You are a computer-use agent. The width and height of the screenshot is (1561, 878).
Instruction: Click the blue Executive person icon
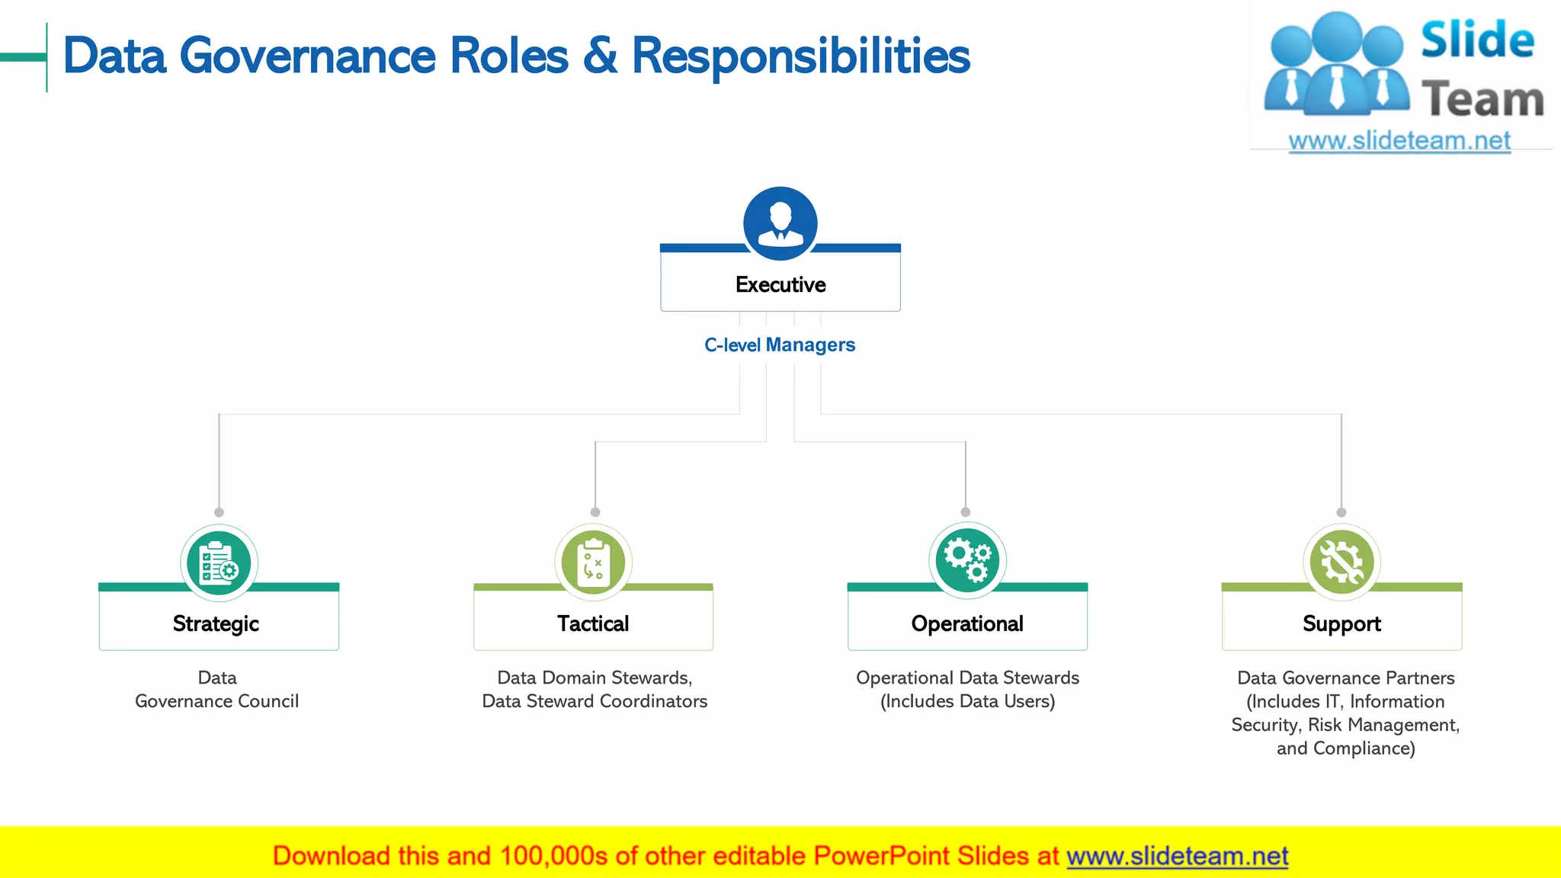pyautogui.click(x=780, y=223)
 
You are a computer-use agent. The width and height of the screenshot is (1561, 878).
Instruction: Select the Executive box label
pyautogui.click(x=780, y=284)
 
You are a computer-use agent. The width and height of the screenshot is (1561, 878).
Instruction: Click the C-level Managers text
pyautogui.click(x=780, y=345)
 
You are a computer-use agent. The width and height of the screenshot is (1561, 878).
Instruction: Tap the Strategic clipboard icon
pyautogui.click(x=219, y=563)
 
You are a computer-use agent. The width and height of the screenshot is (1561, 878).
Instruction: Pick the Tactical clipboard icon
pyautogui.click(x=594, y=563)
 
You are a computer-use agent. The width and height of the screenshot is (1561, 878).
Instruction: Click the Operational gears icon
pyautogui.click(x=967, y=562)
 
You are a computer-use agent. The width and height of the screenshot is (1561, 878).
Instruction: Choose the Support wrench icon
pyautogui.click(x=1341, y=562)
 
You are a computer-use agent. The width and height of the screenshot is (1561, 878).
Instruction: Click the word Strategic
pyautogui.click(x=216, y=623)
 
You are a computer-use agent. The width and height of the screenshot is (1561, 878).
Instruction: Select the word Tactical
pyautogui.click(x=593, y=623)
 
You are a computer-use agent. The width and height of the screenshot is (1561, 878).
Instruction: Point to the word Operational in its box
pyautogui.click(x=967, y=623)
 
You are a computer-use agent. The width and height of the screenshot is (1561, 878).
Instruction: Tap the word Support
pyautogui.click(x=1341, y=623)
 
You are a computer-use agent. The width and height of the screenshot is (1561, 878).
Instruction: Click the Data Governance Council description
pyautogui.click(x=217, y=689)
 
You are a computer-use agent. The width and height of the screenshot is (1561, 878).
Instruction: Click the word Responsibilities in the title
pyautogui.click(x=801, y=56)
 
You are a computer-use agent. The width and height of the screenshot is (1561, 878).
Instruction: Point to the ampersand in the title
pyautogui.click(x=601, y=56)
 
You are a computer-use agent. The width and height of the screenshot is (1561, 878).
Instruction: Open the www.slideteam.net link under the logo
pyautogui.click(x=1399, y=141)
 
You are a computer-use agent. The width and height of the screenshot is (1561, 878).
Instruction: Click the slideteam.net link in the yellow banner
pyautogui.click(x=1177, y=856)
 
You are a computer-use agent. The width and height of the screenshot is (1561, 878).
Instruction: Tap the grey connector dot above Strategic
pyautogui.click(x=220, y=512)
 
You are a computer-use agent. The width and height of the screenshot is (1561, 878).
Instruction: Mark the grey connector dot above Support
pyautogui.click(x=1341, y=512)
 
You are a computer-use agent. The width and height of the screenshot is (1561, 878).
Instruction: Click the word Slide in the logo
pyautogui.click(x=1477, y=40)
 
